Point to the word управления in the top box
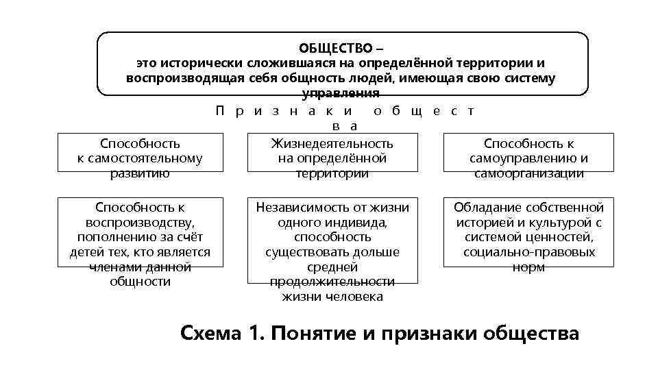click(x=341, y=93)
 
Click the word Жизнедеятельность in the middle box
click(x=332, y=143)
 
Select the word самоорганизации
click(x=529, y=173)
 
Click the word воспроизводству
click(x=141, y=222)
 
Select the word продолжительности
click(x=332, y=282)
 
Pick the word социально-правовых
click(x=529, y=252)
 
